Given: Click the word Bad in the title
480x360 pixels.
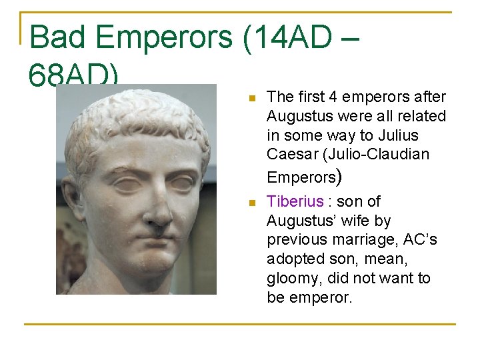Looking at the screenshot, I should tap(58, 37).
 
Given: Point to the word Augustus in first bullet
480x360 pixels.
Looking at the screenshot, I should tap(299, 116).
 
